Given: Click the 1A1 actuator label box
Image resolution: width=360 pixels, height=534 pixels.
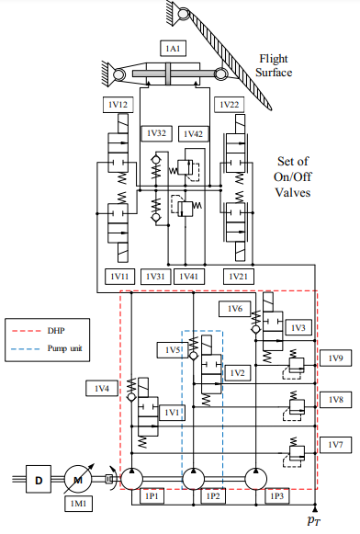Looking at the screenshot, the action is (173, 49).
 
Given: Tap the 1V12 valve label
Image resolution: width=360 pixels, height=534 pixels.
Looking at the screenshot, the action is (118, 105).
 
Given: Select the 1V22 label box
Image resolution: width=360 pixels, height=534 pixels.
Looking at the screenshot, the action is (230, 105).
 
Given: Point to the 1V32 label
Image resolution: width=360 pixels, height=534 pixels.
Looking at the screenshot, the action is (156, 133).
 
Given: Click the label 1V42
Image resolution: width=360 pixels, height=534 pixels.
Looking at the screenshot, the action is (193, 134).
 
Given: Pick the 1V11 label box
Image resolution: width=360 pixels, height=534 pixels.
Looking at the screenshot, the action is (119, 277).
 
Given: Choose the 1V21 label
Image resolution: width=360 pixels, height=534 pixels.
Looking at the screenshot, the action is (238, 277).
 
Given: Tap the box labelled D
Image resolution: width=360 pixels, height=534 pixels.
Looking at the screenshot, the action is (39, 479).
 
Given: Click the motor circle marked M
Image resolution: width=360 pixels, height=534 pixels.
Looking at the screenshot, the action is (78, 479).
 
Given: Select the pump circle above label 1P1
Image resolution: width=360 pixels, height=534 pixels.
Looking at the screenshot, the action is (132, 479).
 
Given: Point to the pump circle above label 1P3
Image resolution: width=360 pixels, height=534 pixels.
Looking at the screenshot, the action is (256, 479).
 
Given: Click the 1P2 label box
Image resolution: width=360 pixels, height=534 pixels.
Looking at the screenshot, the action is (213, 496).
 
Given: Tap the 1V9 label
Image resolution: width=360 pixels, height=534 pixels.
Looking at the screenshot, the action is (335, 358).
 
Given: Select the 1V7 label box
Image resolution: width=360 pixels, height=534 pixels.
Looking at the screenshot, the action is (335, 445).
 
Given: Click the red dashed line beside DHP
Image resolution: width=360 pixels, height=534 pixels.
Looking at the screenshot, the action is (26, 331).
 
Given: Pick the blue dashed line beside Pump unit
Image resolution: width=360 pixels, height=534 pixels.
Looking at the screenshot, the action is (26, 349).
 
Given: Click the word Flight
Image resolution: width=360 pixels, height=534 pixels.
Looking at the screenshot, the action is (274, 59).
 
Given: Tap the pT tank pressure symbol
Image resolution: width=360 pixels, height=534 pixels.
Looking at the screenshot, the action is (314, 520).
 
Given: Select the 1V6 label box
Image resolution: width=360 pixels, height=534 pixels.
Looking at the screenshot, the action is (235, 309).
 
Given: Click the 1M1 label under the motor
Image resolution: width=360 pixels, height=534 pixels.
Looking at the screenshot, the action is (78, 504).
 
